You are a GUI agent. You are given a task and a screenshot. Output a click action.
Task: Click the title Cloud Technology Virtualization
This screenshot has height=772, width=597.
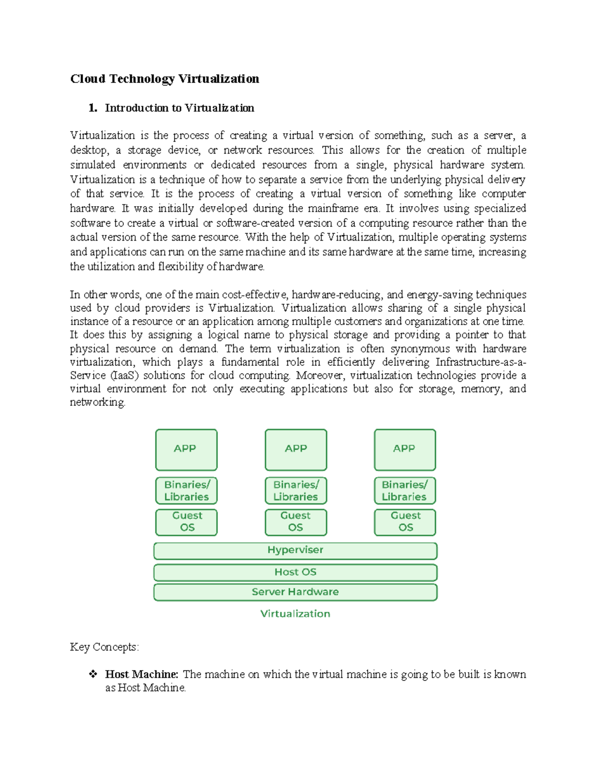164,79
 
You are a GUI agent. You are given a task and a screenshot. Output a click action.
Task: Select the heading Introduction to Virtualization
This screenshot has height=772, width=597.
179,108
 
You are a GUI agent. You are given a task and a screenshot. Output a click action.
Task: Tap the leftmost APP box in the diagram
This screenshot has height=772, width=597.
186,449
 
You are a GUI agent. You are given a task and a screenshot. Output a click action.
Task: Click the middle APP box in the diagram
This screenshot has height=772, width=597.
296,449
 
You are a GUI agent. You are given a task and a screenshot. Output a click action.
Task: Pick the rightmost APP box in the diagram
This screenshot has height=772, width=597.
404,449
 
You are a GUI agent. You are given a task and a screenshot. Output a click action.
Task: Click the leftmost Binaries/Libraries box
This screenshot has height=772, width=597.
186,491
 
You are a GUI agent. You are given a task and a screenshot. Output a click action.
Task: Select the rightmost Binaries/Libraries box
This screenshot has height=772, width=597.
404,491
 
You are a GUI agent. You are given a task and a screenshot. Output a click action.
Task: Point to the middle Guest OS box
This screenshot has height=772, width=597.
296,522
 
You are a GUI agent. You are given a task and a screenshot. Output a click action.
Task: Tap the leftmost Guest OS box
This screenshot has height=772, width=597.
186,522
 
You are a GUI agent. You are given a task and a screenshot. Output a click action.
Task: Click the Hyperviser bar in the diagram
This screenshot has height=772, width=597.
295,550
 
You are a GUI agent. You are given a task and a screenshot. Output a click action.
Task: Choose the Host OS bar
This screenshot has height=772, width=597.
295,572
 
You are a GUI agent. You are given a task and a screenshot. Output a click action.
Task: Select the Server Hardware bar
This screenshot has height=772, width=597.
295,592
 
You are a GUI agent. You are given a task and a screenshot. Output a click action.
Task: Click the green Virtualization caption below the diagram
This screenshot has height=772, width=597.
295,614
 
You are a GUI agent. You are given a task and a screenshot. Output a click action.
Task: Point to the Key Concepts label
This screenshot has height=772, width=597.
104,647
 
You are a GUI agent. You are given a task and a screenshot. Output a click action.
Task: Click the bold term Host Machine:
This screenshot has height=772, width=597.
141,674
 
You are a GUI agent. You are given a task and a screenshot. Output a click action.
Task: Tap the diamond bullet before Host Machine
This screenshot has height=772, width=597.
93,674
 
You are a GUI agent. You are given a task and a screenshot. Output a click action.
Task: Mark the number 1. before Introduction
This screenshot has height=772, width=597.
93,108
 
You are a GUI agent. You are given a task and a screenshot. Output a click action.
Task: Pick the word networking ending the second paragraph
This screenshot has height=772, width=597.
97,402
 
